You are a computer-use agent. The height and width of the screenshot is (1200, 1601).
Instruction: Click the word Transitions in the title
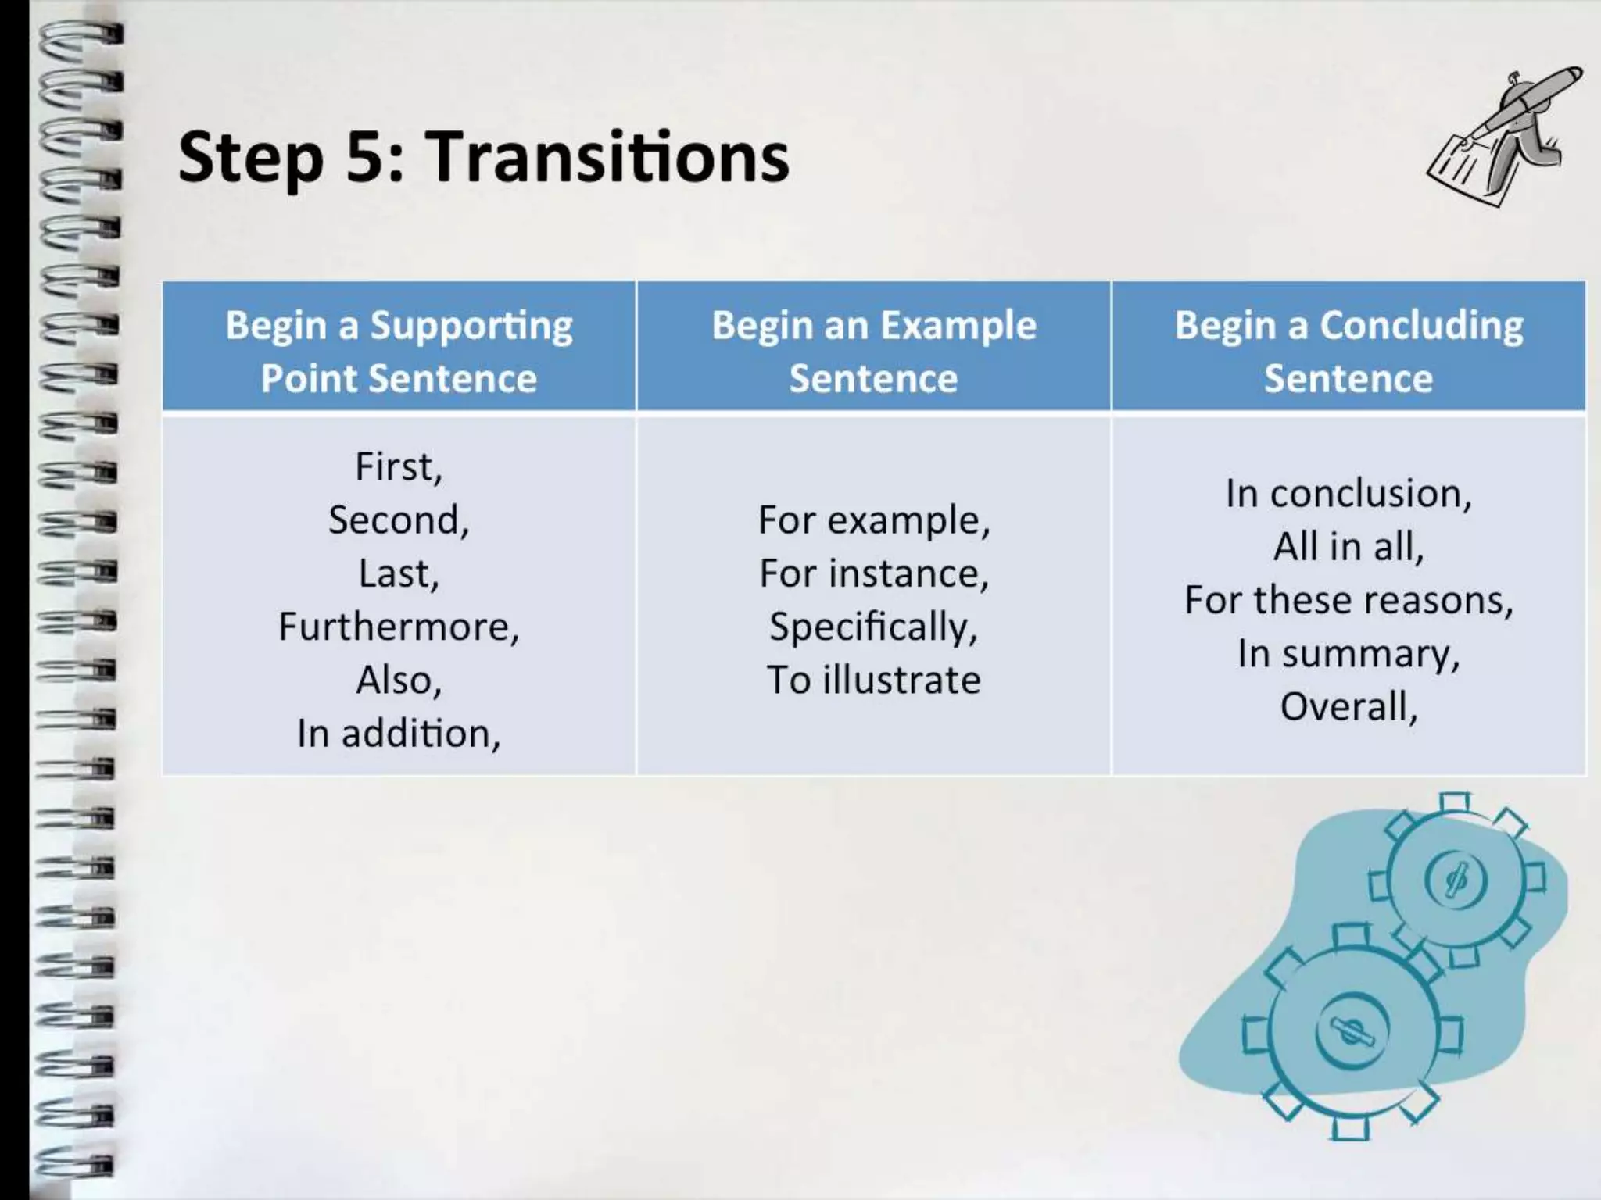tap(607, 157)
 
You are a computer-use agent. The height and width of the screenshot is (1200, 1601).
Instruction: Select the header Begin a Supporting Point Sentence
tap(399, 351)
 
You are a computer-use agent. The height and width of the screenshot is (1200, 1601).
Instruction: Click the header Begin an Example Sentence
tap(873, 351)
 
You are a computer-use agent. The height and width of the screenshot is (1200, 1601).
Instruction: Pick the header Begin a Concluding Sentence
tap(1348, 351)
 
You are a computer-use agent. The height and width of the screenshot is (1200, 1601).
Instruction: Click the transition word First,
tap(399, 466)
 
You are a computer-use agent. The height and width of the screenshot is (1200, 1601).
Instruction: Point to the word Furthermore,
tap(399, 627)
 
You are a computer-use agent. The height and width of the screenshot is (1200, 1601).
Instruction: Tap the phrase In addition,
tap(399, 734)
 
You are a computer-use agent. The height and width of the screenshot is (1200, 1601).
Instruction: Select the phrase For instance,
tap(873, 573)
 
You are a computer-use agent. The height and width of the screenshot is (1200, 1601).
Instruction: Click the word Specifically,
tap(873, 627)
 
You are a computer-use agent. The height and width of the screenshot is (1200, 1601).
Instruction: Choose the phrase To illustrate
tap(873, 680)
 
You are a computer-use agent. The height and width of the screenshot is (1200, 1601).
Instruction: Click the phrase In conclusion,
tap(1348, 493)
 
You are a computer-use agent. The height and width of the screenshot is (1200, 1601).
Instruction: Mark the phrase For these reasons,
tap(1348, 600)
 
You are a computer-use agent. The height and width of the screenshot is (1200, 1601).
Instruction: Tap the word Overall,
tap(1348, 706)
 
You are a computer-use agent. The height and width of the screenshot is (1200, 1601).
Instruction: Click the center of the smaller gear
tap(1456, 880)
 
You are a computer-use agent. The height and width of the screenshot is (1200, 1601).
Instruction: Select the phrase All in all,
tap(1348, 546)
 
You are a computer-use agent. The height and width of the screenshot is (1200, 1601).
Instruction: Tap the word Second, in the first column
tap(399, 520)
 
